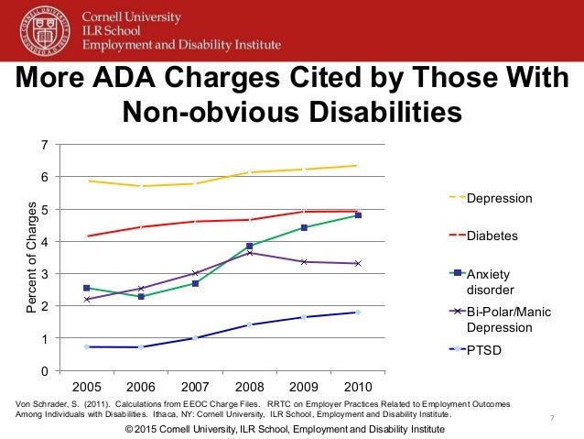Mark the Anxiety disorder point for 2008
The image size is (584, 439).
coord(249,246)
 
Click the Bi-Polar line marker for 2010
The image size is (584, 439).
coord(357,263)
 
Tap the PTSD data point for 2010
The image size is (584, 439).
coord(357,313)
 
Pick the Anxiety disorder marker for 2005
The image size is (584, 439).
coord(87,288)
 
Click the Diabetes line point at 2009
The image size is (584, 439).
coord(303,212)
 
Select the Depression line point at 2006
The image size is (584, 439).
coord(141,186)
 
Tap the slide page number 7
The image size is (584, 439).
coord(553,419)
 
